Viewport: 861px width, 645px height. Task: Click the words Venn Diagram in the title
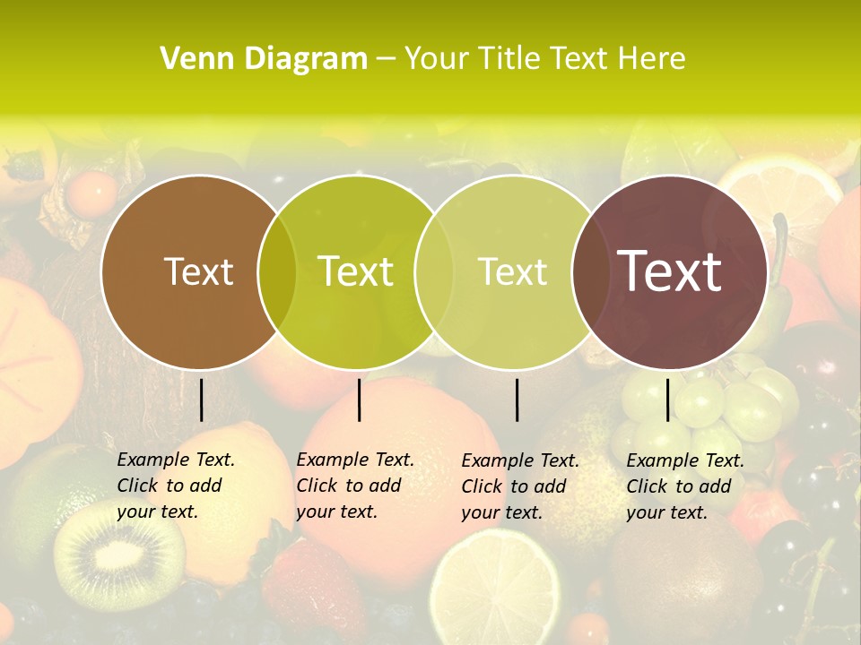(x=264, y=59)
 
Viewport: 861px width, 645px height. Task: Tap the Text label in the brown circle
(x=198, y=271)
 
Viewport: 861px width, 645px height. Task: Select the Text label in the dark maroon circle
(x=670, y=271)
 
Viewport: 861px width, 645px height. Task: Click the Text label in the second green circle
(x=356, y=271)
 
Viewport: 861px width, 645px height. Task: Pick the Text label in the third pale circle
(x=513, y=271)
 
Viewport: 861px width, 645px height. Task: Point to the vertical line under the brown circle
(x=201, y=400)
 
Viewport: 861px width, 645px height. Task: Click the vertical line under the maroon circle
(x=667, y=400)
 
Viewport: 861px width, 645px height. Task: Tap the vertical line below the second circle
(x=359, y=400)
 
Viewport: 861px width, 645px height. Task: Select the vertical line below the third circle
(x=517, y=400)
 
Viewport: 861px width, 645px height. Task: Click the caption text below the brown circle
(x=175, y=486)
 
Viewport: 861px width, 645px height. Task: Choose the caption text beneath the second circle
(x=354, y=486)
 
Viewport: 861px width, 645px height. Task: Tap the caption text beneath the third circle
(x=519, y=486)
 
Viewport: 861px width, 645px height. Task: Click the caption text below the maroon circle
(x=684, y=486)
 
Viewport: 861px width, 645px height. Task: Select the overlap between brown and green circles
(x=277, y=271)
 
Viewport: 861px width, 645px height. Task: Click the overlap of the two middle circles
(x=432, y=271)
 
